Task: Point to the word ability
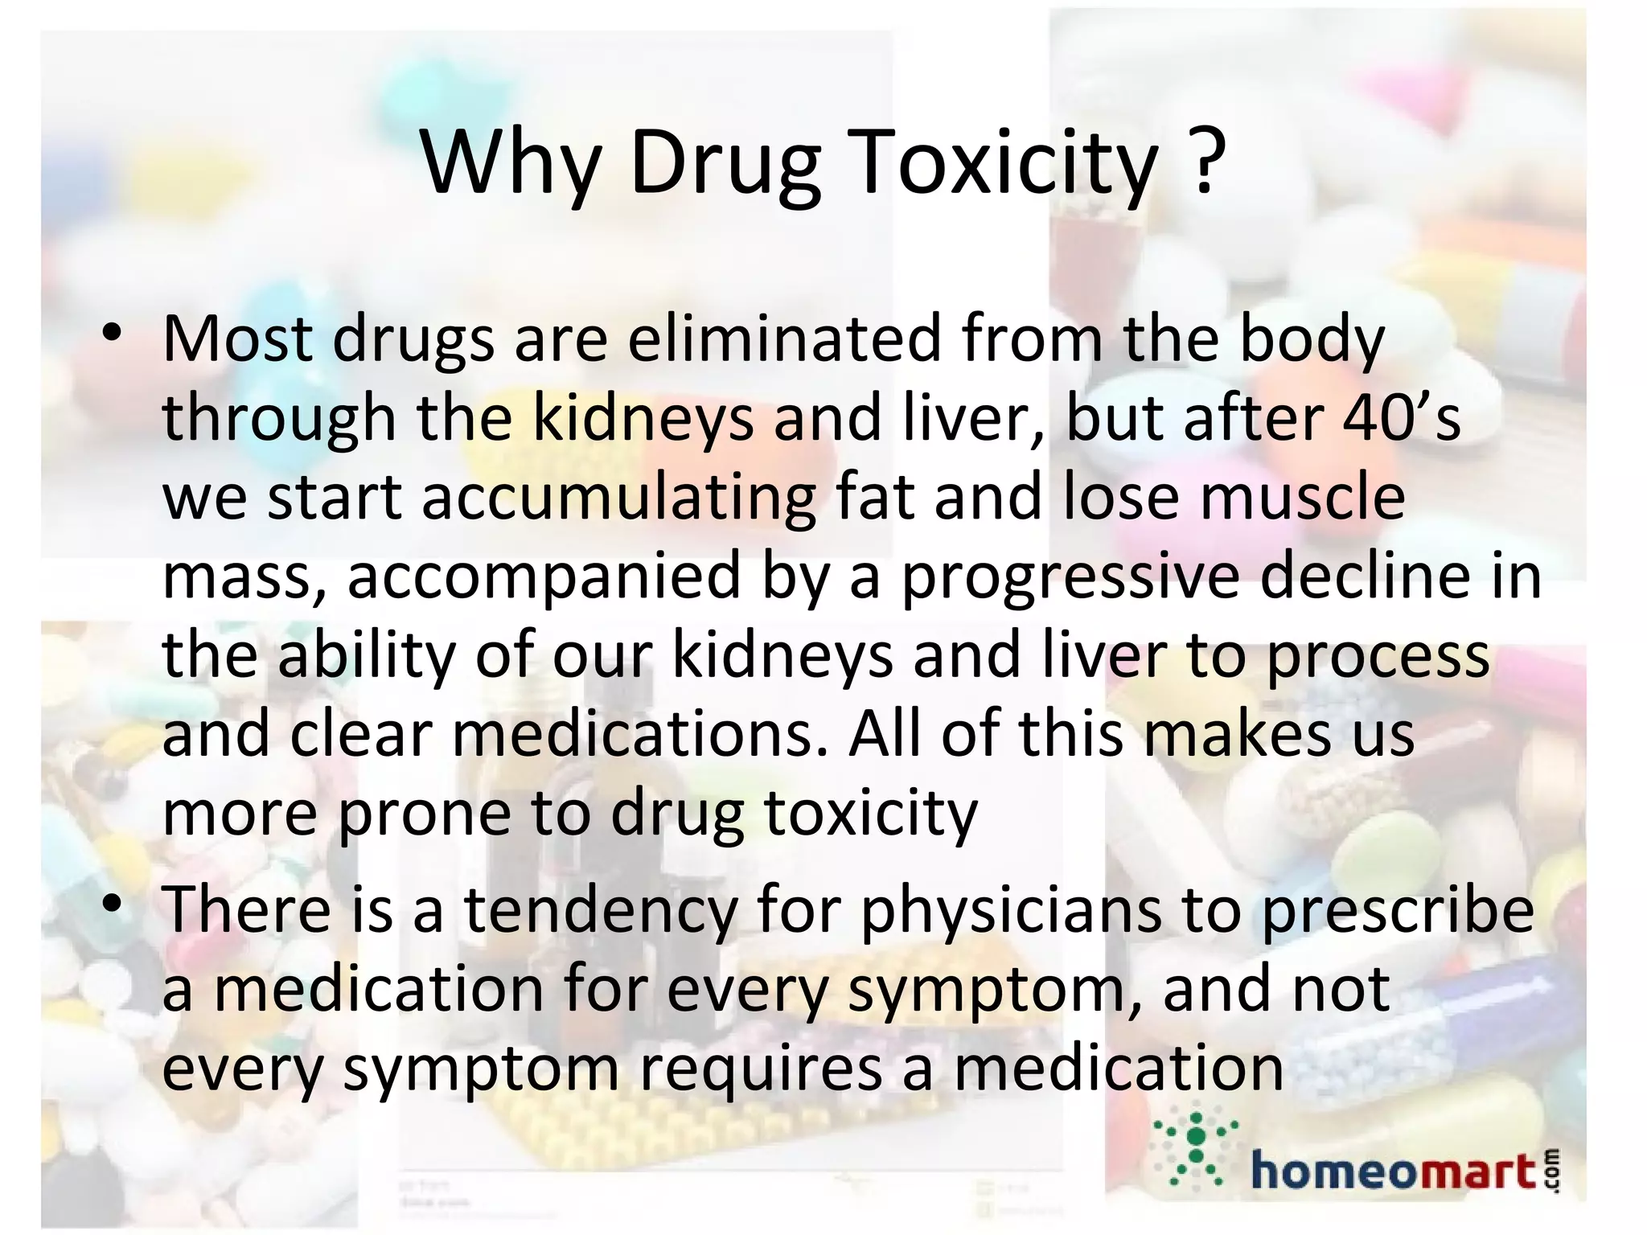coord(367,656)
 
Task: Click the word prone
coord(424,814)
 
